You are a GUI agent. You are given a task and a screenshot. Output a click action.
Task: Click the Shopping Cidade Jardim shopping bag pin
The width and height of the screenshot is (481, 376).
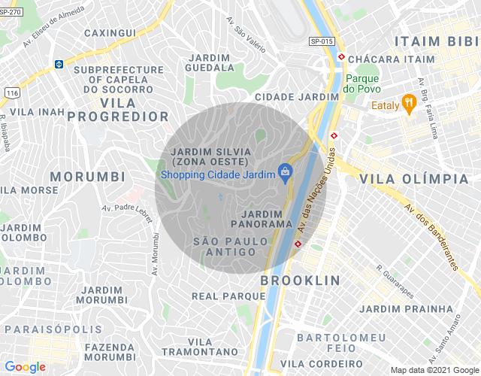pyautogui.click(x=285, y=173)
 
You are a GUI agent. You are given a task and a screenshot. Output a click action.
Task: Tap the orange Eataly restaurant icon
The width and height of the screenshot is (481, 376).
pyautogui.click(x=409, y=103)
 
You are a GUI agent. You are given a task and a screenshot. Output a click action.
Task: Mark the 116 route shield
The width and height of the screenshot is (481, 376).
pyautogui.click(x=11, y=92)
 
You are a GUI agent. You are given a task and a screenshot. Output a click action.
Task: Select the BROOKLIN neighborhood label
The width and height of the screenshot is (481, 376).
pyautogui.click(x=300, y=280)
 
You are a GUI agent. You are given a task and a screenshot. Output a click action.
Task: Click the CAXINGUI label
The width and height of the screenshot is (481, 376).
pyautogui.click(x=110, y=33)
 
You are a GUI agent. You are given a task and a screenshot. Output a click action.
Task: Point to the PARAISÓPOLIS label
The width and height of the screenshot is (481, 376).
pyautogui.click(x=52, y=329)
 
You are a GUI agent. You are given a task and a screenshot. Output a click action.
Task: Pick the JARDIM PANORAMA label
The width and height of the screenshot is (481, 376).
pyautogui.click(x=261, y=219)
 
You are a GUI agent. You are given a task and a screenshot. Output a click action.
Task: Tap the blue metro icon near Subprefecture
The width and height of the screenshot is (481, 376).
pyautogui.click(x=58, y=65)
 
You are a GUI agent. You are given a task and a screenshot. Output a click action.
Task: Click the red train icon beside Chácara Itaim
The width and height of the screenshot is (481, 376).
pyautogui.click(x=341, y=56)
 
